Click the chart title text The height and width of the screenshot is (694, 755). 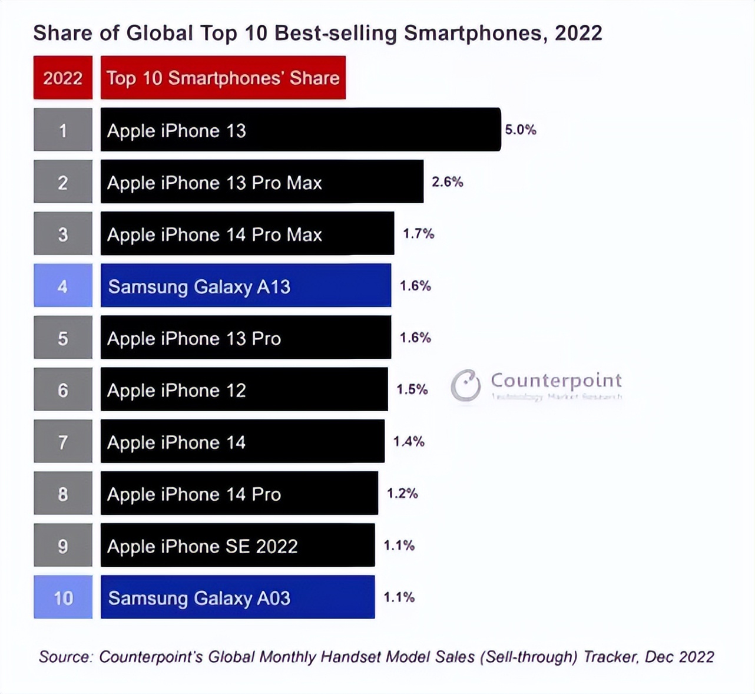click(x=317, y=33)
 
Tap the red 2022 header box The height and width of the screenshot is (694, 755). click(x=63, y=78)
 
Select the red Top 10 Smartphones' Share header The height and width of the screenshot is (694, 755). click(x=223, y=78)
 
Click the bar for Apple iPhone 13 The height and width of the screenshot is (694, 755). click(x=300, y=130)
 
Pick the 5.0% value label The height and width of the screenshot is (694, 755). click(x=520, y=130)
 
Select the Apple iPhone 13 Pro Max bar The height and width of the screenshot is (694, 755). click(x=261, y=182)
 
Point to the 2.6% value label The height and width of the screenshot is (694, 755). click(x=447, y=182)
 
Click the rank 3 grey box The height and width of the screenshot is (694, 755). click(x=63, y=234)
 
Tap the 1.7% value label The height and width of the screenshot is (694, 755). click(x=418, y=234)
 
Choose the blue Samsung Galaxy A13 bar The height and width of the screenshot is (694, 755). click(x=246, y=286)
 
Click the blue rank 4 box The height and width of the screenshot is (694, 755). click(x=63, y=286)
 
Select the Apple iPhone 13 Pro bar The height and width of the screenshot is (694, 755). click(x=246, y=338)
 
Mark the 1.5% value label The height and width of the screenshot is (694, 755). click(x=412, y=389)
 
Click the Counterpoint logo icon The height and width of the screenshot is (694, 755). click(x=466, y=386)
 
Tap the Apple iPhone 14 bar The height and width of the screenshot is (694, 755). click(x=242, y=442)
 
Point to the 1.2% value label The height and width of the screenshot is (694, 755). click(x=402, y=493)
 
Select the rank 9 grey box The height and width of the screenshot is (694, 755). click(x=63, y=546)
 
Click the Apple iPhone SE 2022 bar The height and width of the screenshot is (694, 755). click(x=237, y=546)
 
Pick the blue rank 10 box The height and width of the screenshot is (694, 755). click(x=63, y=597)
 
